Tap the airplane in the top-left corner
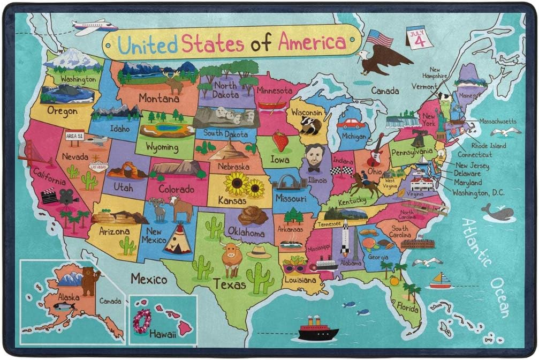pos(94,26)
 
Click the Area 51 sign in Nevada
pos(74,136)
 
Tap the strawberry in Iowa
pos(280,141)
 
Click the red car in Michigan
pos(351,124)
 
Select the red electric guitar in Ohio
pos(375,151)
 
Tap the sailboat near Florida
pos(441,280)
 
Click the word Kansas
pos(232,200)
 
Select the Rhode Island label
pos(488,145)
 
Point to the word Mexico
pos(149,279)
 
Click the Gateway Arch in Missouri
pos(289,182)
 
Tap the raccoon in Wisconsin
pos(310,125)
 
